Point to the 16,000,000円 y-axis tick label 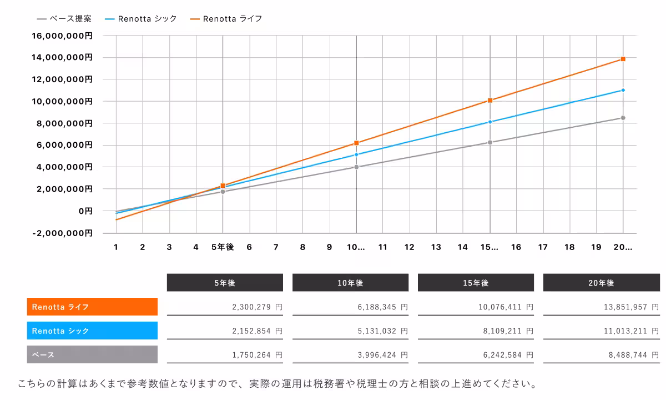(x=63, y=36)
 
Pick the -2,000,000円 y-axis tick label (x=63, y=233)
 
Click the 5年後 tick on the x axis (x=223, y=247)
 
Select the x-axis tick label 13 (x=436, y=247)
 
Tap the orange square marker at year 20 (x=623, y=59)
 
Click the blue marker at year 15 (x=490, y=122)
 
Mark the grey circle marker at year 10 (x=356, y=167)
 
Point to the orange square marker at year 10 (x=356, y=143)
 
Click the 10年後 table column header (x=350, y=283)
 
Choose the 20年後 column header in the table (x=601, y=283)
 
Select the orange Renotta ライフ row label (x=92, y=307)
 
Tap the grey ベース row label (x=92, y=354)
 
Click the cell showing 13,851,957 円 (x=601, y=307)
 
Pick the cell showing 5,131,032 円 (x=350, y=331)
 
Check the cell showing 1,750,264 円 (x=225, y=354)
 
